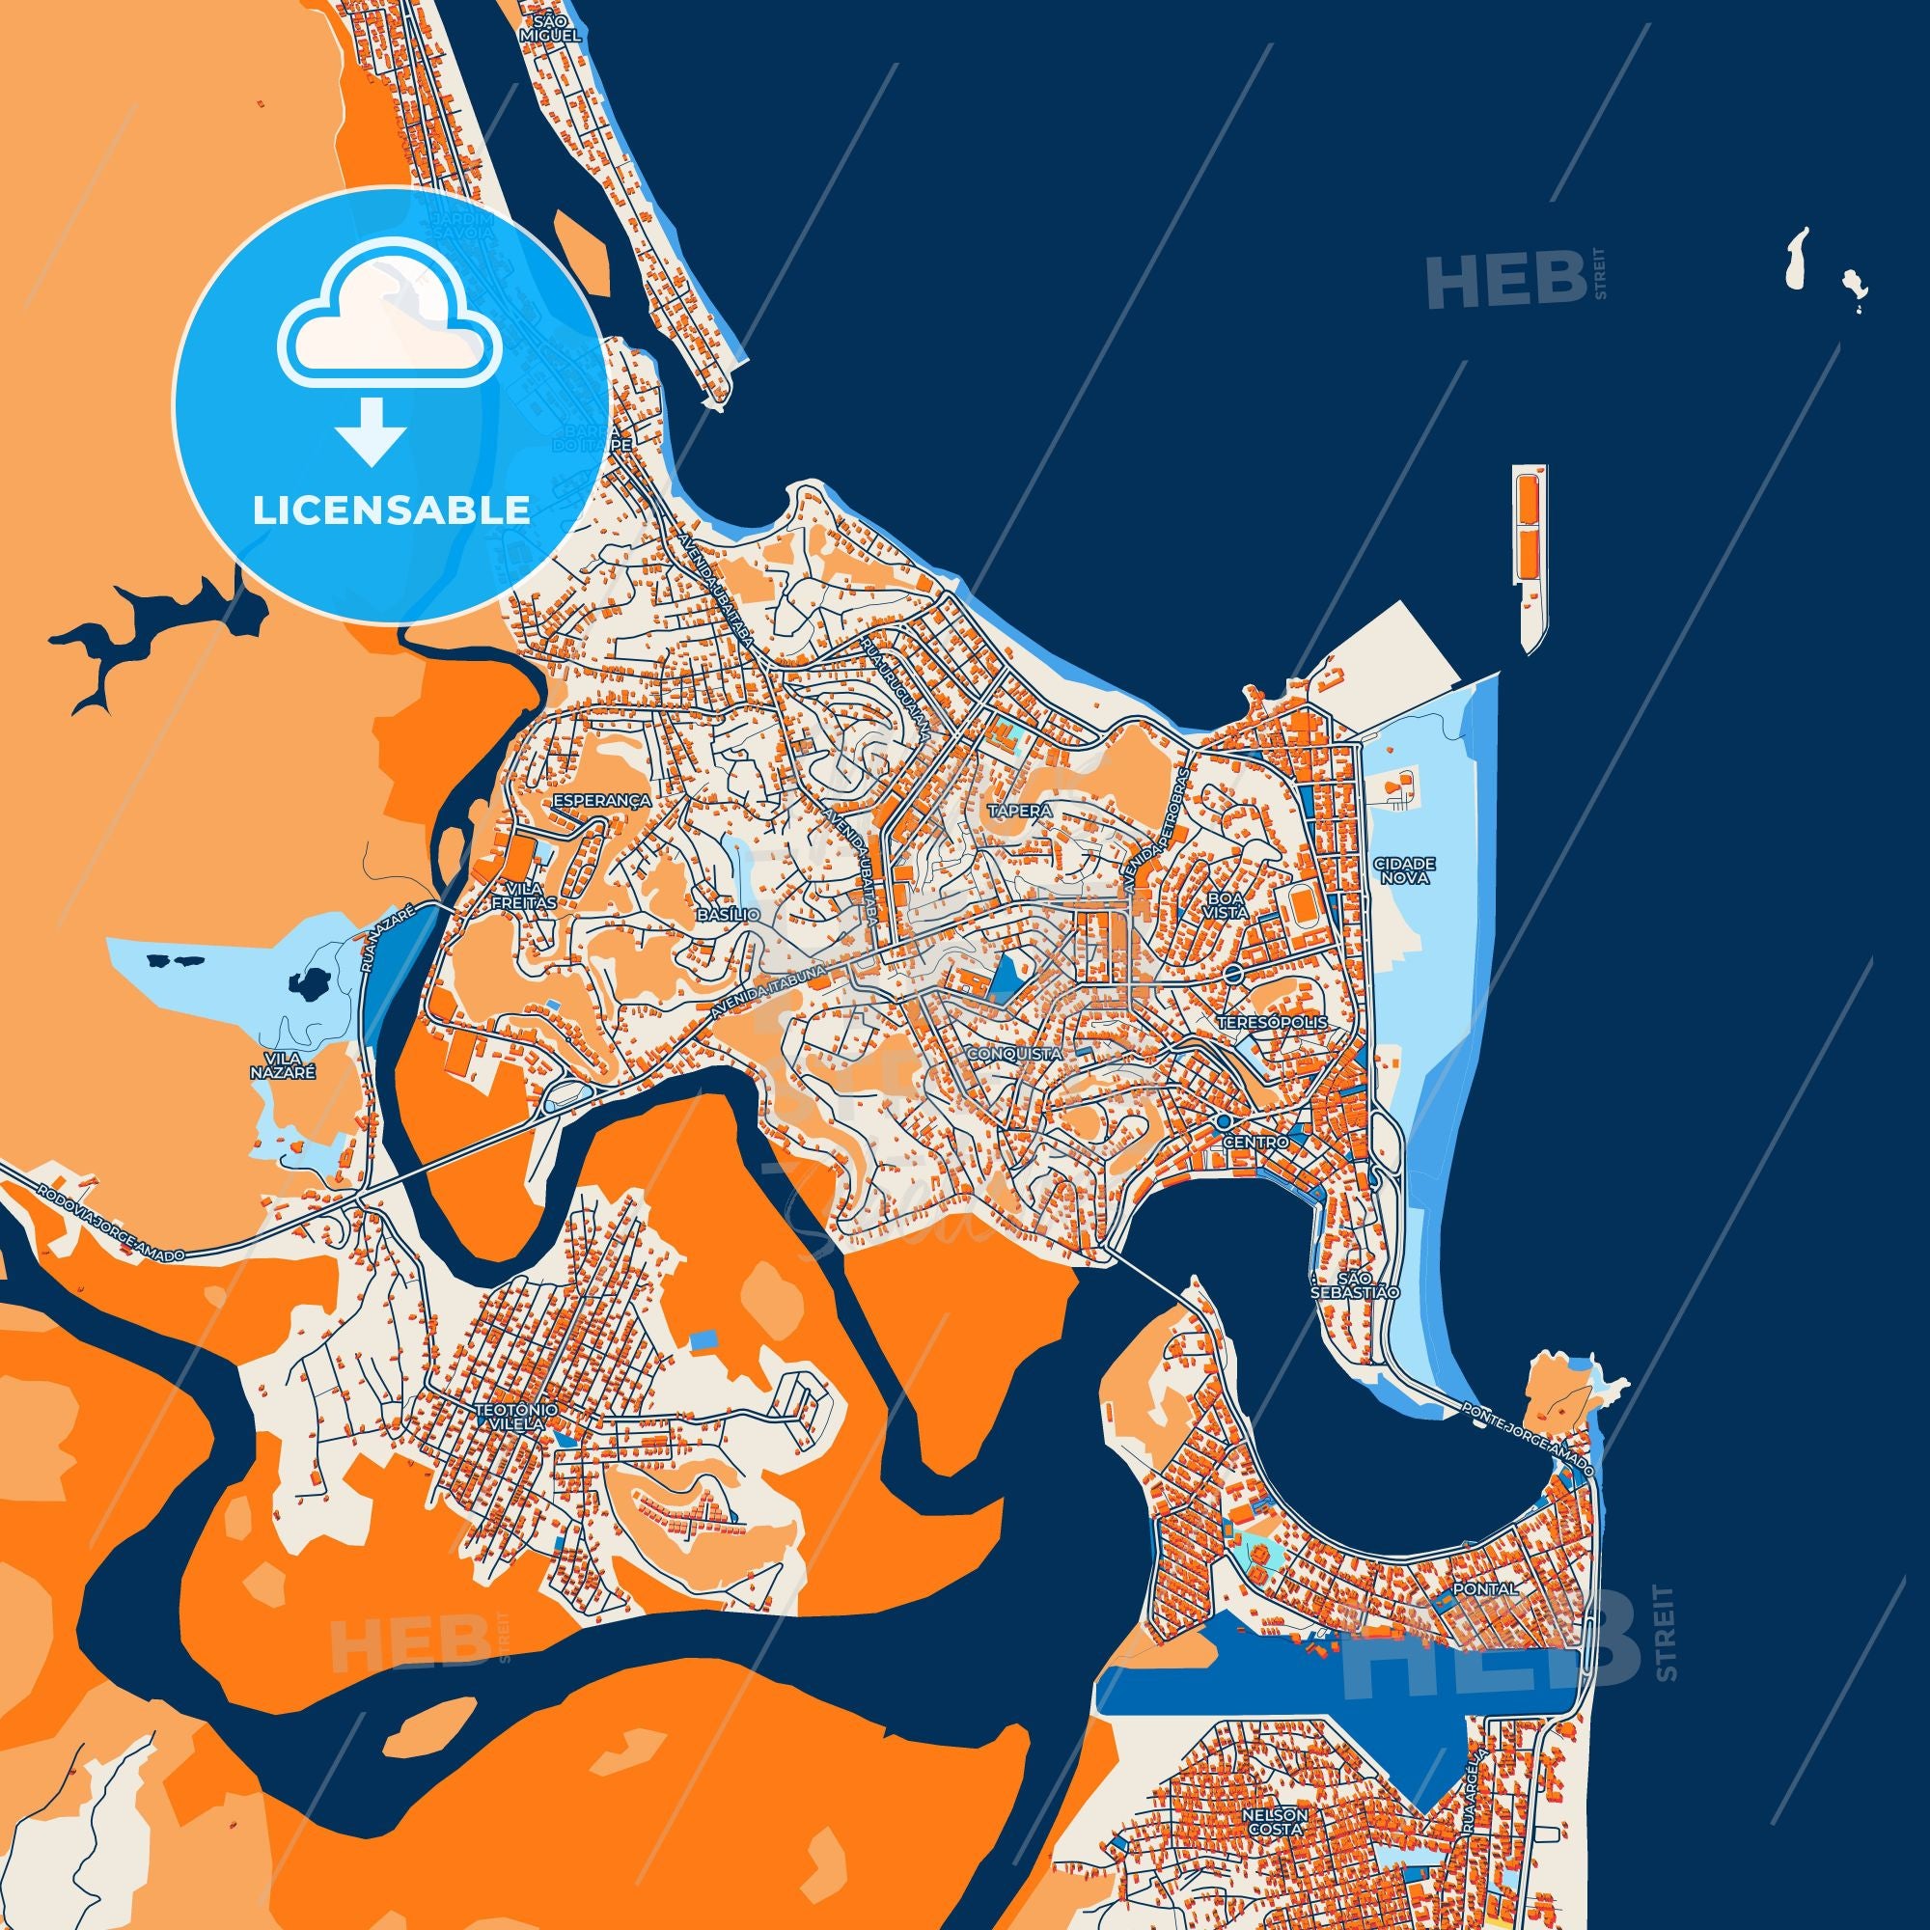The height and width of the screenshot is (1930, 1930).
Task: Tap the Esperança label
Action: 602,800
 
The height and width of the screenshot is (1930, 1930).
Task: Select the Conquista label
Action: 1014,1053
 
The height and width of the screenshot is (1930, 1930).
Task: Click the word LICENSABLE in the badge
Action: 391,510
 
